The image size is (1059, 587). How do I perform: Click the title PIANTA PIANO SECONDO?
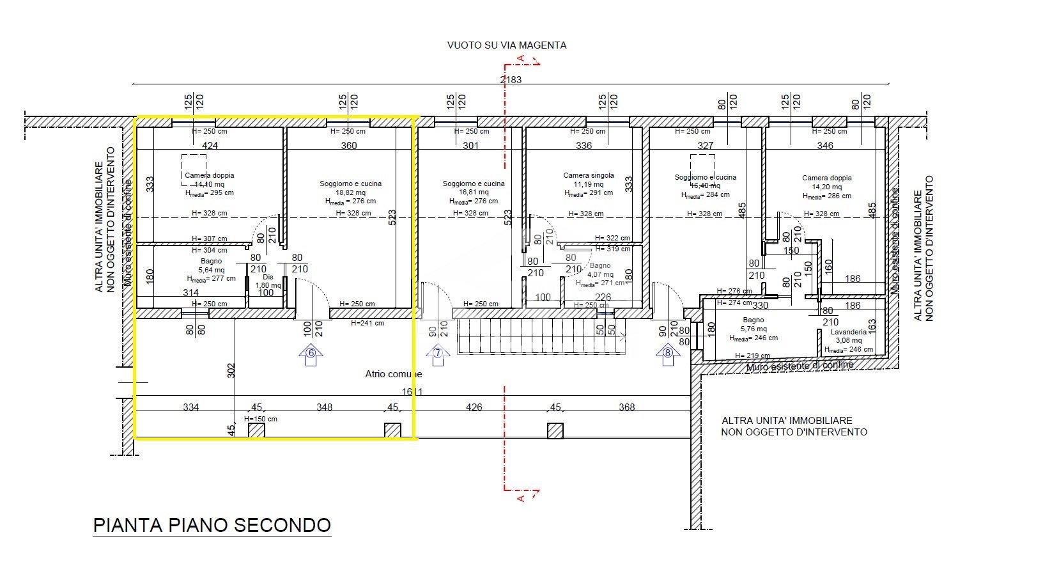coord(212,526)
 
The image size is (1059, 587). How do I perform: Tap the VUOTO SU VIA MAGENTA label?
coord(506,45)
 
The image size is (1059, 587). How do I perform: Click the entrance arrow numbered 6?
coord(311,356)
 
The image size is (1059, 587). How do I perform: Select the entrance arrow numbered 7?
coord(438,356)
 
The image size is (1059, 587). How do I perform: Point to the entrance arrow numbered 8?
coord(668,355)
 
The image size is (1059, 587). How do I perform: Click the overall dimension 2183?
coord(510,80)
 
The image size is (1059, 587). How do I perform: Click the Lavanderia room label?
coord(848,333)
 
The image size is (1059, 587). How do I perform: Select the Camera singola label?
coord(588,175)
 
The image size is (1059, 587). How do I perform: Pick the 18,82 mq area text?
coord(351,192)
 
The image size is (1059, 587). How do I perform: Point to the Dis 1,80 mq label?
coord(268,281)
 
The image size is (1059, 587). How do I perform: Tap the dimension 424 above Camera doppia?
coord(210,146)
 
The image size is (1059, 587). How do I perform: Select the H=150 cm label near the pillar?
coord(261,419)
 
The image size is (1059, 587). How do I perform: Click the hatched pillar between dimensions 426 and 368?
coord(555,431)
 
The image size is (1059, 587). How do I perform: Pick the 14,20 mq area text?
coord(827,187)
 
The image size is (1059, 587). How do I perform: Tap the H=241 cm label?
coord(367,323)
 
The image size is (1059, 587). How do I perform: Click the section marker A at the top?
coord(520,59)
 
